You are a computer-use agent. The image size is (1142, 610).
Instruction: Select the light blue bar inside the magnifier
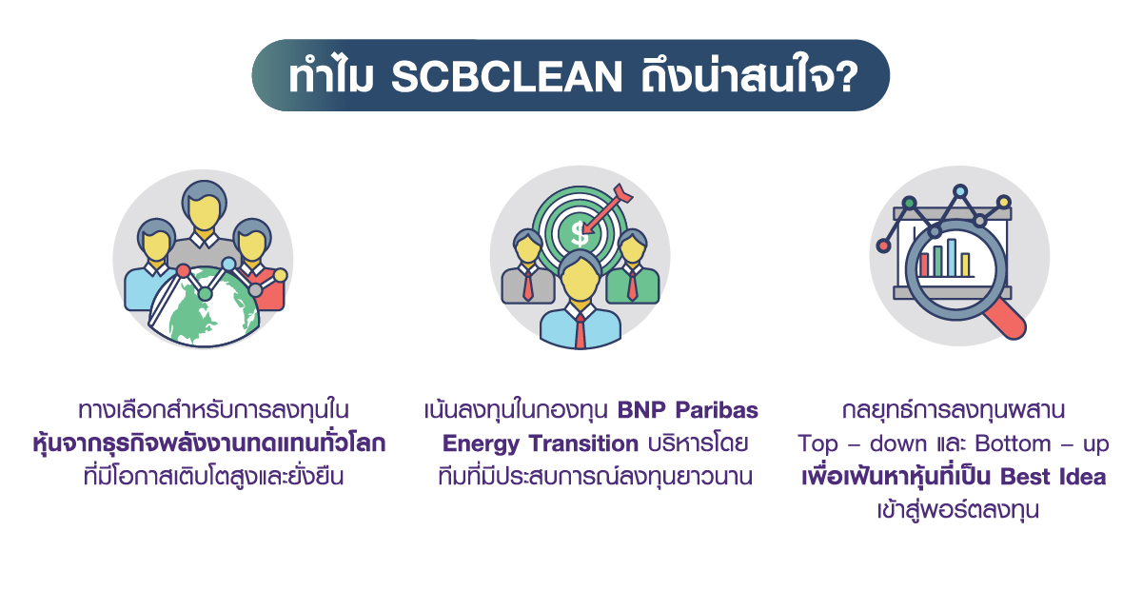951,257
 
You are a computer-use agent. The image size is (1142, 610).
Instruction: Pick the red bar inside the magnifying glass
923,264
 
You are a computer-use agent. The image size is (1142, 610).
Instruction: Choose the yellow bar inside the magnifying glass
965,264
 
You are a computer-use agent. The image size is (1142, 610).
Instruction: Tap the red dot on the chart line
883,246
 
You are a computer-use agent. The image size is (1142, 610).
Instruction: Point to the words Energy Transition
540,443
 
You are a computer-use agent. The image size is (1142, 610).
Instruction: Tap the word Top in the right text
818,443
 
